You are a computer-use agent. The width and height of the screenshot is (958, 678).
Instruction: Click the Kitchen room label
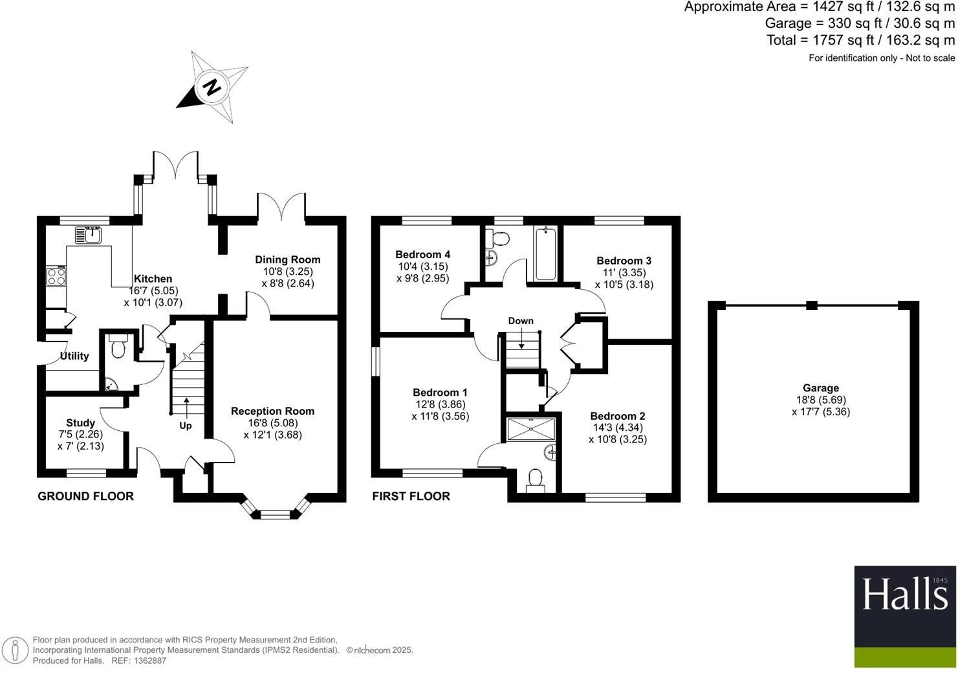(153, 279)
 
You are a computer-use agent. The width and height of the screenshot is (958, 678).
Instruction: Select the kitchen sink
(88, 234)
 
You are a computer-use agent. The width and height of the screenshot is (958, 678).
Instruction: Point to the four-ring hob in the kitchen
(56, 277)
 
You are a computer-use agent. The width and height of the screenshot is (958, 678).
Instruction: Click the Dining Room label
(287, 259)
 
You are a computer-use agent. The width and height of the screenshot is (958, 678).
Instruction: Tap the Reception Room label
(272, 411)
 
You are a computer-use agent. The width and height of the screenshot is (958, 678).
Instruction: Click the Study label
(80, 423)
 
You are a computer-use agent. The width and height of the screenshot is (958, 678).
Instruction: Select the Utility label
(74, 356)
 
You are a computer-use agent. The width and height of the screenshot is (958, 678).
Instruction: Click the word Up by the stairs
(186, 426)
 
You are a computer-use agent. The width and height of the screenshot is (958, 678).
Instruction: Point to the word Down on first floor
(521, 321)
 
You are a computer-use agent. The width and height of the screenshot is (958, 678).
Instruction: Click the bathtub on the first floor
(545, 254)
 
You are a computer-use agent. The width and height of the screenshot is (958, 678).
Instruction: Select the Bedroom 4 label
(422, 254)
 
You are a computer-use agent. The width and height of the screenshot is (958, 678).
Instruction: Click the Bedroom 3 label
(624, 261)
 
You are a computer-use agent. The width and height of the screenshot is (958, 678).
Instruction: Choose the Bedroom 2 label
(617, 416)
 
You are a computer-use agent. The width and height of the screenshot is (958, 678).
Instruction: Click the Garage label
(821, 388)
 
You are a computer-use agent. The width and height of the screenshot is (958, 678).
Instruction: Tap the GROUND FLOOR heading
(85, 496)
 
